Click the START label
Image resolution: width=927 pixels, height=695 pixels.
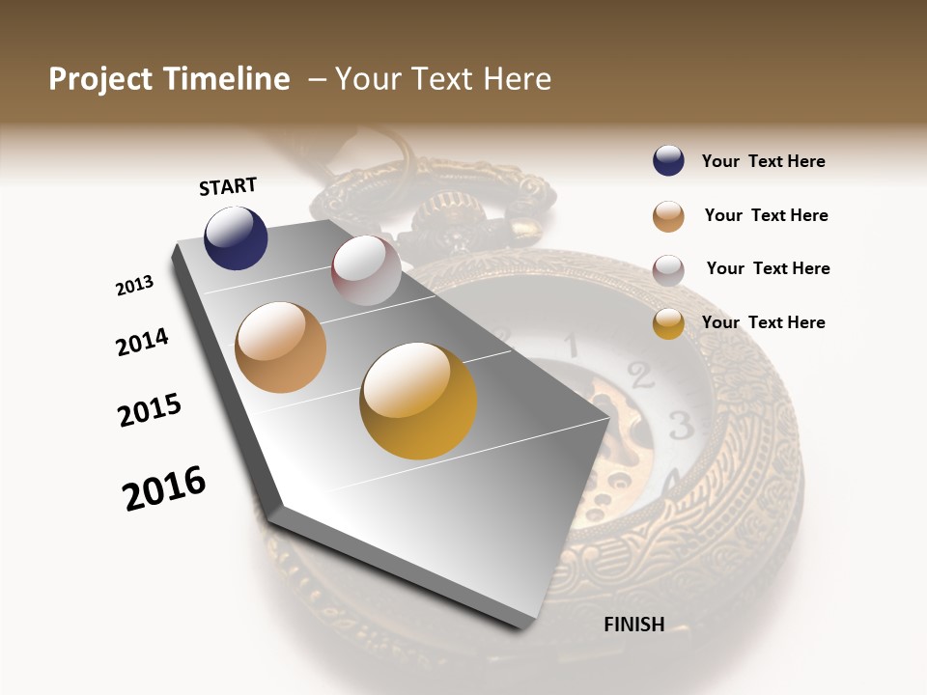pos(228,185)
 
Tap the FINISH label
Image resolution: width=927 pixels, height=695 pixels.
pos(633,625)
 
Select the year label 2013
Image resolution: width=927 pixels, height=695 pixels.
pos(134,286)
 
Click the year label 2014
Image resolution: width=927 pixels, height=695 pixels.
pos(142,342)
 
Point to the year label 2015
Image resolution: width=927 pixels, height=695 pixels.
pos(150,410)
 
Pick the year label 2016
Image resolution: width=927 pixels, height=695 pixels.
pos(164,488)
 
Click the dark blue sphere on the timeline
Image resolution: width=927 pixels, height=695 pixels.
pos(236,237)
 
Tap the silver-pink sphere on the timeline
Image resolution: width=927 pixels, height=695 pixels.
pos(366,270)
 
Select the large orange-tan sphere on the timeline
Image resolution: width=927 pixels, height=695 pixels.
pos(281,347)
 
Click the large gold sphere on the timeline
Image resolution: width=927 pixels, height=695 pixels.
pos(418,401)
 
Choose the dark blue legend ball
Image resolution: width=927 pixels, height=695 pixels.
pos(668,160)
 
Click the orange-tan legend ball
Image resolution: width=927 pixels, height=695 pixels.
pos(668,216)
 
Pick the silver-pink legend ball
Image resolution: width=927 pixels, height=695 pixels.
pos(668,270)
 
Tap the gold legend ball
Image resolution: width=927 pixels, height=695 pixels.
pos(668,323)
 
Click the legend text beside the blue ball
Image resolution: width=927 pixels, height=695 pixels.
pos(763,161)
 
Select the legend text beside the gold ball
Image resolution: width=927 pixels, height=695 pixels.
pos(763,322)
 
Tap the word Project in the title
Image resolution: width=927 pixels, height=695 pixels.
pos(101,79)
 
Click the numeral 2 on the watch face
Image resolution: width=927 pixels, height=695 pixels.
pos(636,372)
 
